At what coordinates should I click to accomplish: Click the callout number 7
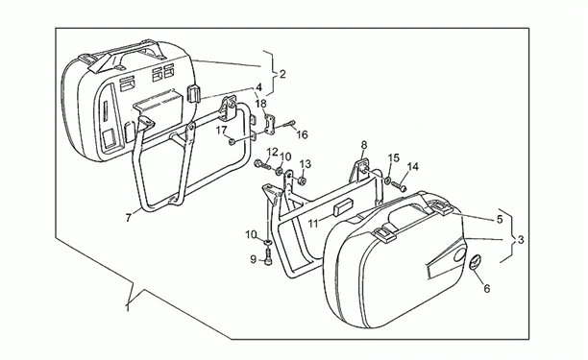click(x=128, y=218)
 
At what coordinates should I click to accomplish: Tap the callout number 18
click(x=261, y=104)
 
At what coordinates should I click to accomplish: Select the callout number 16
click(x=302, y=134)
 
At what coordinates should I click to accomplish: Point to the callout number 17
click(x=221, y=131)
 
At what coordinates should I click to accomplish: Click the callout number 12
click(x=273, y=152)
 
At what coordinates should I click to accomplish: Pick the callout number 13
click(x=306, y=164)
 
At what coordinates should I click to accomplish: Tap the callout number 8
click(x=364, y=145)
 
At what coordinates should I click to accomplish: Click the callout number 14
click(x=413, y=167)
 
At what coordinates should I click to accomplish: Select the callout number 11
click(x=313, y=224)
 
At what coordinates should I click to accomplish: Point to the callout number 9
click(x=254, y=259)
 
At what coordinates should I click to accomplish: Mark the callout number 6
click(x=487, y=288)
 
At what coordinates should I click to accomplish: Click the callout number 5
click(x=500, y=219)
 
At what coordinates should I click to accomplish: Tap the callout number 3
click(x=521, y=239)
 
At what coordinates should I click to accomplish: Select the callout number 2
click(x=282, y=74)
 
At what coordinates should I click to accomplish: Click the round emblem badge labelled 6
click(x=475, y=261)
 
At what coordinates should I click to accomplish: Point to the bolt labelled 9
click(x=268, y=258)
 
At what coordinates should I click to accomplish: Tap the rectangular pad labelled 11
click(x=343, y=208)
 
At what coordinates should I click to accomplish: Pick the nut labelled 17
click(x=233, y=142)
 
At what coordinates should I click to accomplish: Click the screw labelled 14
click(x=399, y=186)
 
